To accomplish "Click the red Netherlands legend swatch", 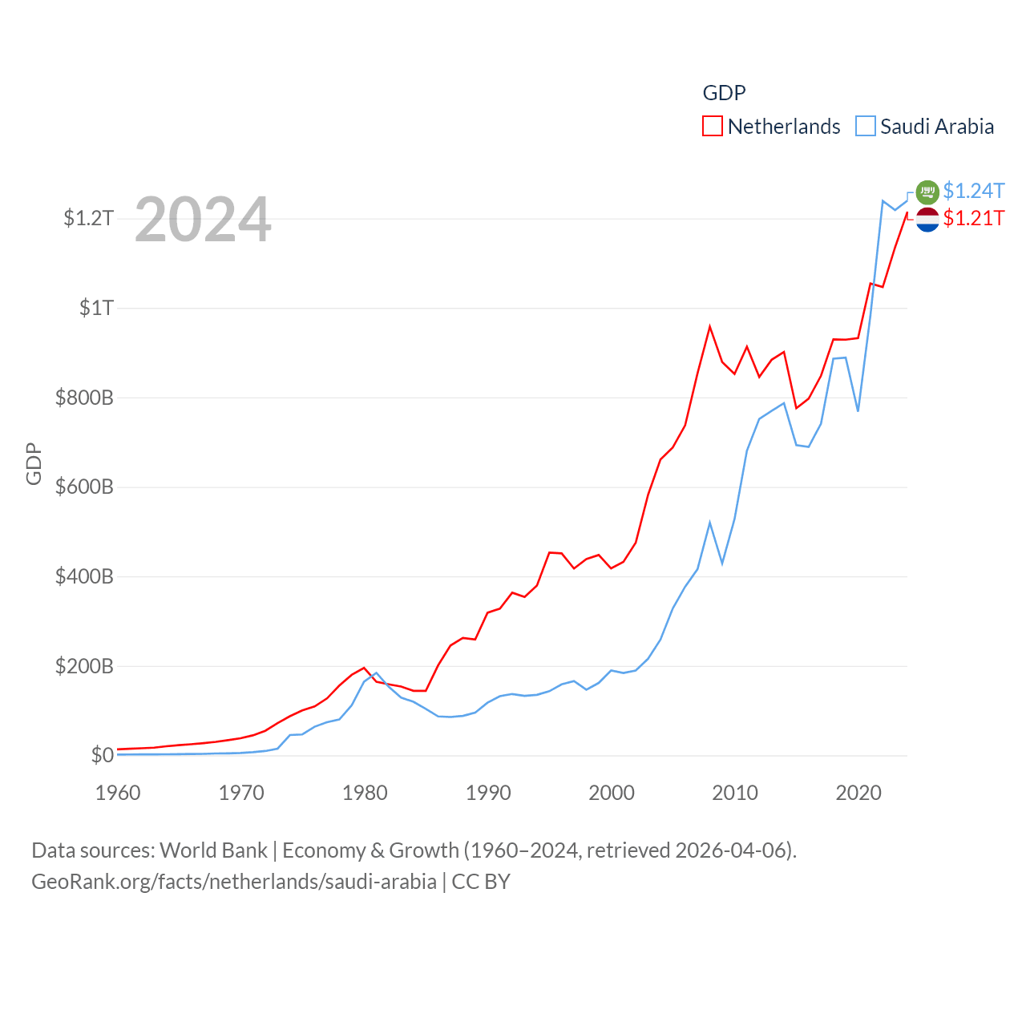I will click(x=713, y=127).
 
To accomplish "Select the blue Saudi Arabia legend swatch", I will click(x=866, y=127).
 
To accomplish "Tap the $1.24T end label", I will click(x=973, y=191).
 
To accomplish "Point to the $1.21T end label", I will click(x=973, y=218).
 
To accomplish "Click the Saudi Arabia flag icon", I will click(x=927, y=192).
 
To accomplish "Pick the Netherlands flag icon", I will click(x=927, y=219).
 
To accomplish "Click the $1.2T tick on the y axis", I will click(x=89, y=218).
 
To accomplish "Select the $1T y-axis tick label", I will click(x=96, y=308).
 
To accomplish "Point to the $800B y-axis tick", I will click(x=84, y=398).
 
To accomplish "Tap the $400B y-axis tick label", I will click(x=84, y=576).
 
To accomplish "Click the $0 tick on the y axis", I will click(x=102, y=755).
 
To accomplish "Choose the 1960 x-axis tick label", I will click(x=118, y=793).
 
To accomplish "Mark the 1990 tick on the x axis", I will click(x=488, y=793).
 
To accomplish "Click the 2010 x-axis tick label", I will click(x=735, y=793).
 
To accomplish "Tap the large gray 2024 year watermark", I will click(x=203, y=220).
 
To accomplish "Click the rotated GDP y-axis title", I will click(x=34, y=463).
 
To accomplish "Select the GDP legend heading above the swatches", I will click(x=724, y=93).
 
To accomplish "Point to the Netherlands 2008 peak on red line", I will click(x=710, y=326).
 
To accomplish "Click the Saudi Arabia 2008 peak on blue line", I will click(x=710, y=523).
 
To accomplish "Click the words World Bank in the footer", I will click(x=213, y=850).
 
